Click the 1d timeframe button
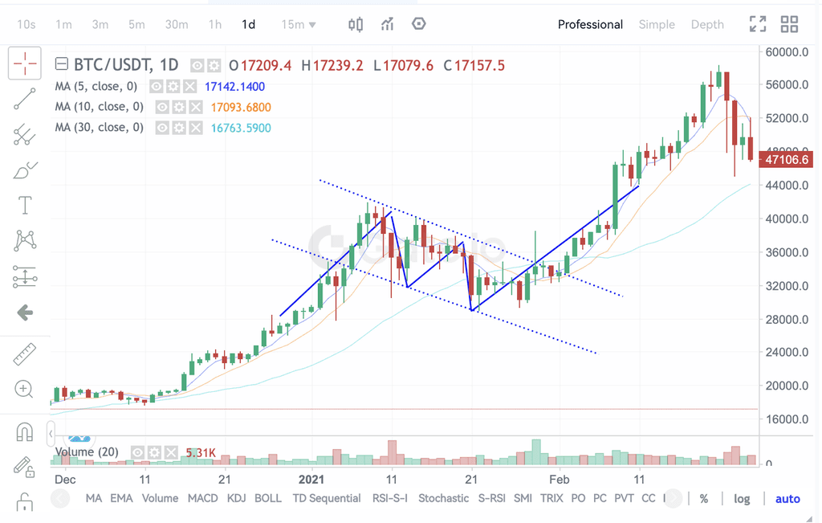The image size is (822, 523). click(249, 24)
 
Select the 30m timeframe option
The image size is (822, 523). click(177, 24)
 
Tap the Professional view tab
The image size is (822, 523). click(590, 24)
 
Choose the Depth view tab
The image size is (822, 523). click(707, 24)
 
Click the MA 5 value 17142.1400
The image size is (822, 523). click(235, 86)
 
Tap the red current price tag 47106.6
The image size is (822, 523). click(786, 160)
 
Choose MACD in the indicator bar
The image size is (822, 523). click(202, 498)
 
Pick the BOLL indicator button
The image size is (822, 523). click(267, 498)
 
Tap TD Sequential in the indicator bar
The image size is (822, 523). click(327, 498)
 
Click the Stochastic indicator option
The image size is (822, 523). click(443, 498)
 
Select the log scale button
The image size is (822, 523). click(742, 499)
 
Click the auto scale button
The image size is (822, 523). click(787, 499)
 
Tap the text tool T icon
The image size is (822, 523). click(25, 205)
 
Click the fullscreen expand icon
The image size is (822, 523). click(757, 24)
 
